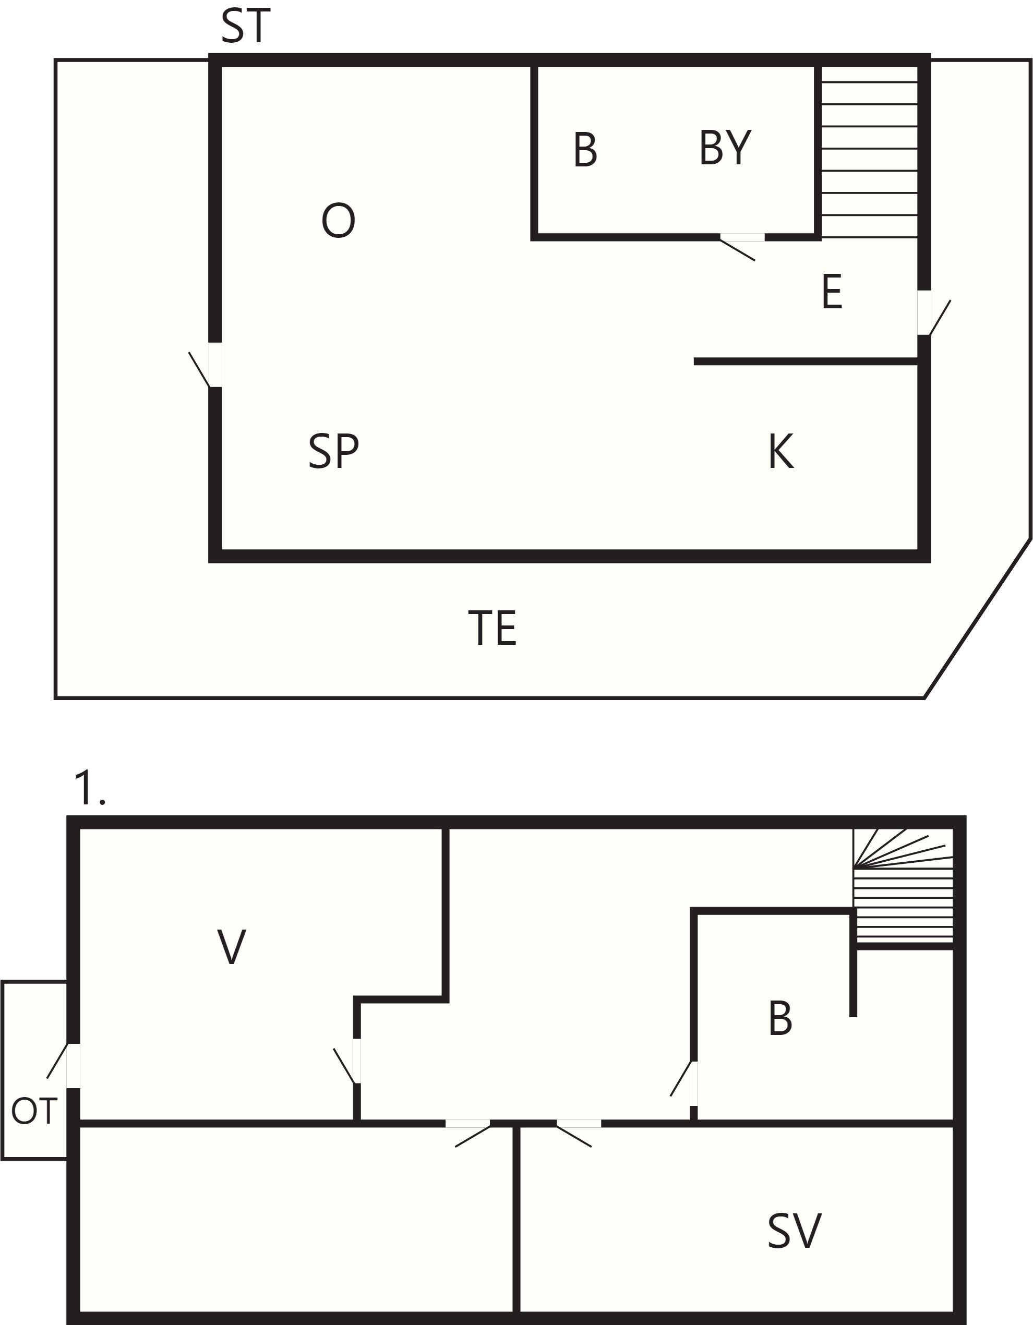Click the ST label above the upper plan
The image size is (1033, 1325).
tap(245, 27)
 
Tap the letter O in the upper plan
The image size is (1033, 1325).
tap(338, 221)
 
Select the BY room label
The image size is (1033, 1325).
tap(725, 148)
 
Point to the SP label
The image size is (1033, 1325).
tap(333, 452)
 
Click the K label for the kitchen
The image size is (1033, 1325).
tap(780, 452)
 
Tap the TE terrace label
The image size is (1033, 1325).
tap(492, 629)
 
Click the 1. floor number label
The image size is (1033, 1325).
tap(89, 788)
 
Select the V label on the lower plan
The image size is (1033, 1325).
tap(231, 946)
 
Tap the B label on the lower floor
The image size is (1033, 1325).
tap(780, 1019)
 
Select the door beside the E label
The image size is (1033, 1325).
tap(933, 313)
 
